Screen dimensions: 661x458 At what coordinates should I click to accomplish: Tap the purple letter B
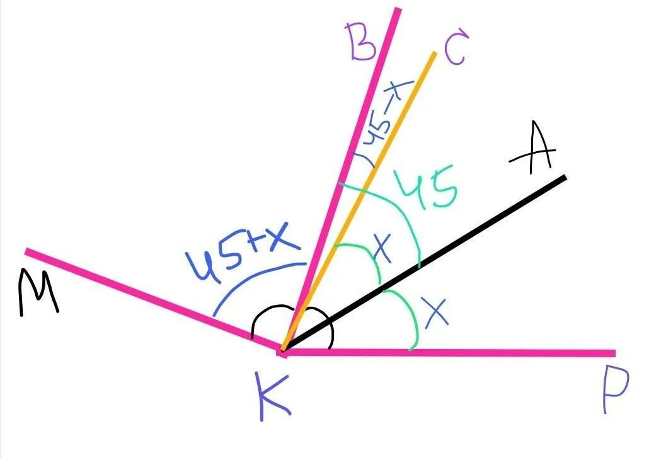pyautogui.click(x=362, y=42)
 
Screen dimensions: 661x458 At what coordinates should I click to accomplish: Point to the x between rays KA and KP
pyautogui.click(x=437, y=312)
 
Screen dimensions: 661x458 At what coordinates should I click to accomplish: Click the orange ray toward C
pyautogui.click(x=378, y=157)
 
